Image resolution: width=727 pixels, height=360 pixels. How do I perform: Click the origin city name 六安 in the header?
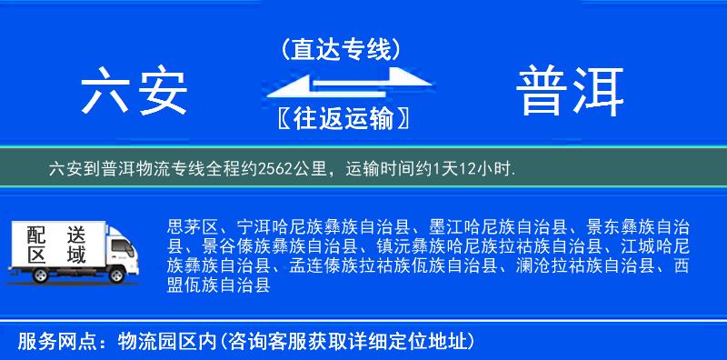click(134, 91)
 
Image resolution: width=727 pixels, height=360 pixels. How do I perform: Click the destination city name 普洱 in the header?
click(571, 91)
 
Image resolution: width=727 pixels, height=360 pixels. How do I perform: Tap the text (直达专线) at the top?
click(341, 48)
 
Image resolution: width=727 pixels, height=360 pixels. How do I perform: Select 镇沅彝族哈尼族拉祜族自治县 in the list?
click(481, 246)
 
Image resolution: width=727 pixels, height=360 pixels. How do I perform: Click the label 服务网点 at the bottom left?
click(51, 342)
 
